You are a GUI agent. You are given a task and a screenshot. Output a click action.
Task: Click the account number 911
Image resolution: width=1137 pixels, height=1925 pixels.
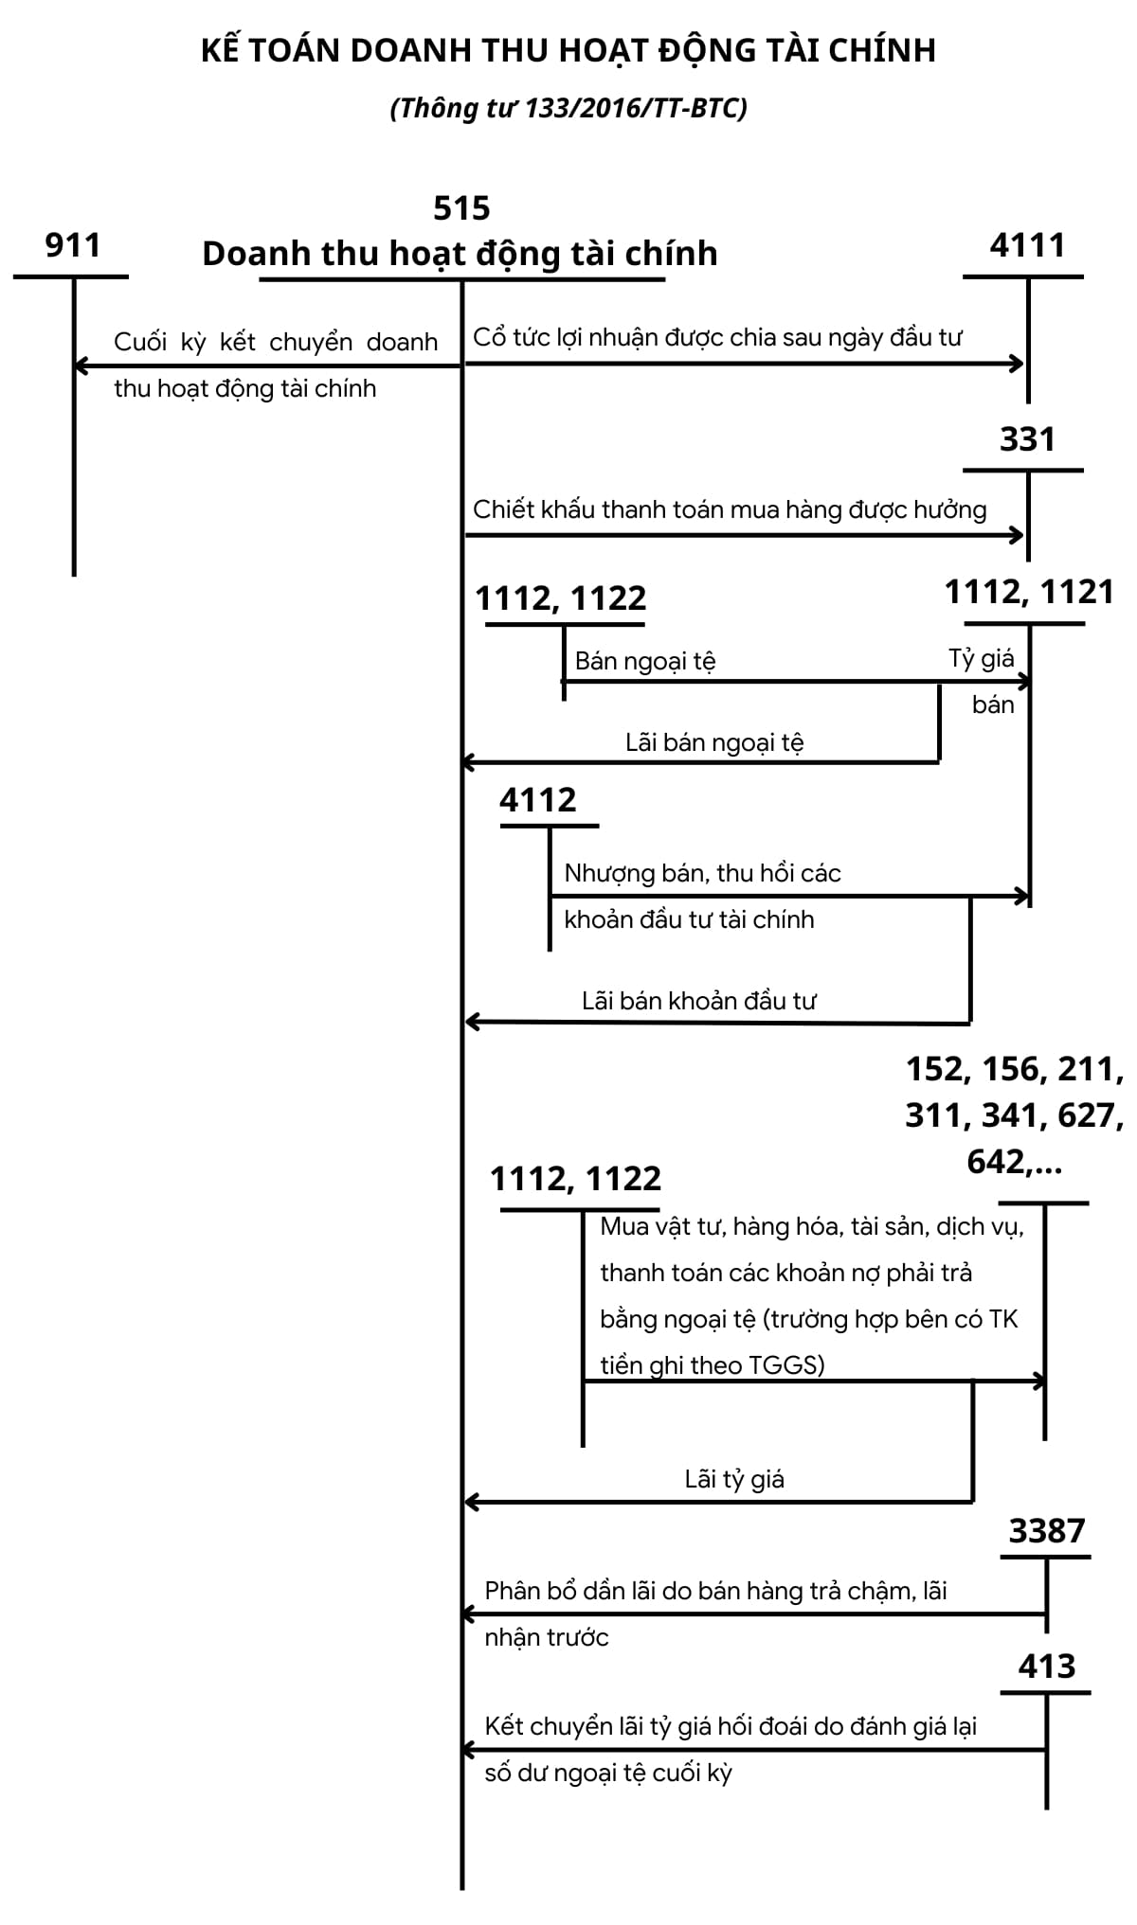[x=73, y=246]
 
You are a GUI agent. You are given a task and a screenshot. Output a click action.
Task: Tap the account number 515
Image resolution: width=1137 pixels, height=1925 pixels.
[x=461, y=208]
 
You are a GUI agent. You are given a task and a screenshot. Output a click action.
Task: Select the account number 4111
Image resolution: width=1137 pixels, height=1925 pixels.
[x=1027, y=246]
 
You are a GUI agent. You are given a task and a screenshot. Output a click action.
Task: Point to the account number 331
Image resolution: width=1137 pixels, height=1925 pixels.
[x=1027, y=440]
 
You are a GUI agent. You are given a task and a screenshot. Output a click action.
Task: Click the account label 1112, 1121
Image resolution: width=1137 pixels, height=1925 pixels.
[x=1029, y=593]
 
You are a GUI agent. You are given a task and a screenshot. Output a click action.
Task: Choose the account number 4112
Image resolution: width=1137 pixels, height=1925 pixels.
[x=537, y=801]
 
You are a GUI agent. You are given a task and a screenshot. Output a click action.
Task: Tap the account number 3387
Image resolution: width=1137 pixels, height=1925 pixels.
[x=1046, y=1531]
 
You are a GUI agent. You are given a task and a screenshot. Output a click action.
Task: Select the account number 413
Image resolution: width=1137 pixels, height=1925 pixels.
[x=1046, y=1667]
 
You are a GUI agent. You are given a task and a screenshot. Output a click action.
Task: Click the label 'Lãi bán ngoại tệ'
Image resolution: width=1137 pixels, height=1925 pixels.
[x=714, y=743]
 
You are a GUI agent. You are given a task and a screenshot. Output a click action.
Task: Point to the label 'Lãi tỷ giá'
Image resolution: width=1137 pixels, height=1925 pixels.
[x=734, y=1480]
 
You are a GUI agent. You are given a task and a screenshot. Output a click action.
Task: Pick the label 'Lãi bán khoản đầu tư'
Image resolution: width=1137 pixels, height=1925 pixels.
[x=699, y=1002]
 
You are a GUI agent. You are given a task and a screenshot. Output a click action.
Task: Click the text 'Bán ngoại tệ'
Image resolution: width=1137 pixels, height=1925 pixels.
[x=645, y=661]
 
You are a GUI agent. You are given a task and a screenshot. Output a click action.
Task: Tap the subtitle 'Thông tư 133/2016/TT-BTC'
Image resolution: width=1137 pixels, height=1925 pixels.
[x=568, y=109]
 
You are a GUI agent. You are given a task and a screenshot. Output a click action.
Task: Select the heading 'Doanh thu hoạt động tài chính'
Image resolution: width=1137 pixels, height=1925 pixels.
[x=460, y=254]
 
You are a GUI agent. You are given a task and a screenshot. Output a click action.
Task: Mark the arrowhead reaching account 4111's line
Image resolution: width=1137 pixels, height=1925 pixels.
[x=1020, y=364]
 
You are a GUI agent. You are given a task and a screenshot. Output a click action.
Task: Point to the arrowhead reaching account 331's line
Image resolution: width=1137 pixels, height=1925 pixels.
[x=1020, y=536]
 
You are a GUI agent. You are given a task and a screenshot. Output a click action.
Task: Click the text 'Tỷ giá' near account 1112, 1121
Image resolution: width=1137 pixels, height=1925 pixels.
[x=982, y=659]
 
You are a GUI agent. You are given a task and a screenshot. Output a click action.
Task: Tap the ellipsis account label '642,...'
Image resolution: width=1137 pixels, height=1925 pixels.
[x=1014, y=1162]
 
